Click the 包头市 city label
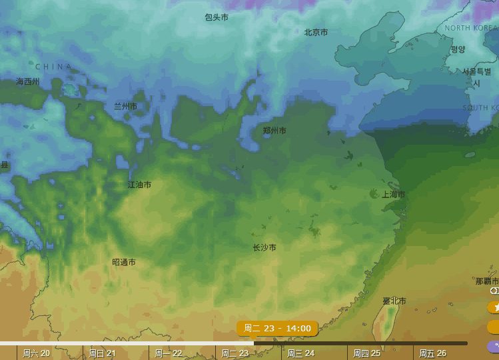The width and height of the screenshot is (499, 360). (x=217, y=17)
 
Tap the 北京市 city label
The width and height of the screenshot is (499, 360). (x=316, y=32)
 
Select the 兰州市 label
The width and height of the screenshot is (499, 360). (x=125, y=106)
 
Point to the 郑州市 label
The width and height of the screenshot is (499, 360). (x=274, y=131)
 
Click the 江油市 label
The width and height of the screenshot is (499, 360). (x=139, y=185)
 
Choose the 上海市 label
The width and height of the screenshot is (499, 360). (x=393, y=195)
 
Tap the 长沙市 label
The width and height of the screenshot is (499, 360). (x=264, y=247)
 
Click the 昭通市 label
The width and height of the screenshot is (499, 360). (x=124, y=263)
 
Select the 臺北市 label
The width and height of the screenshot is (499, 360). (x=394, y=301)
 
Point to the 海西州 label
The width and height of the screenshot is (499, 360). (x=28, y=81)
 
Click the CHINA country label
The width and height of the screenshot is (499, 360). (x=53, y=67)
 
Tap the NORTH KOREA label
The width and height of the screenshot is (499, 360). (x=471, y=28)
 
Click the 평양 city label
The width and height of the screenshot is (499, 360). (x=458, y=49)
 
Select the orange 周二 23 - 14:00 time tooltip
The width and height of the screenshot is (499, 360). (x=277, y=328)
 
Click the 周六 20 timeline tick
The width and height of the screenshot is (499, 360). (x=36, y=353)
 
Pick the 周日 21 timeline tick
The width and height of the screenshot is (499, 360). (x=102, y=353)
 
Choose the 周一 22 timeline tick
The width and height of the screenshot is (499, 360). (x=169, y=353)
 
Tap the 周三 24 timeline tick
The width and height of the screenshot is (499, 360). (x=300, y=353)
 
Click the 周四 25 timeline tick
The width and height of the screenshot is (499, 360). (x=366, y=353)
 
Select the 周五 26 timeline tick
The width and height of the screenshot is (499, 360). (x=432, y=353)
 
